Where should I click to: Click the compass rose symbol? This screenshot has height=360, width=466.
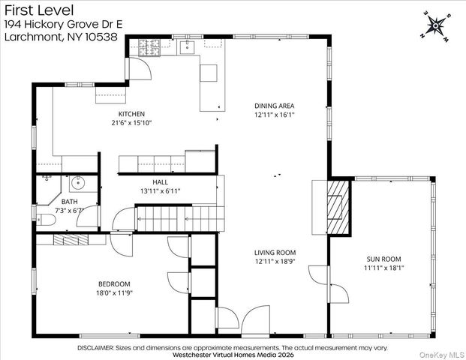click(435, 26)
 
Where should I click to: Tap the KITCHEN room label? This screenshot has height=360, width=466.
click(131, 114)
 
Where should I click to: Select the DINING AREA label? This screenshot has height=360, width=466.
click(275, 106)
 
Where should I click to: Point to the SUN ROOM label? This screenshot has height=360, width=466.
click(383, 259)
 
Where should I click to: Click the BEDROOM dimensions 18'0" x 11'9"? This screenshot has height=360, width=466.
click(114, 292)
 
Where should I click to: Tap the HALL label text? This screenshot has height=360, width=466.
click(160, 182)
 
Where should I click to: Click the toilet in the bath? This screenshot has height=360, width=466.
click(47, 220)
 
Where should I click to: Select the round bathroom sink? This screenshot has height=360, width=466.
click(78, 183)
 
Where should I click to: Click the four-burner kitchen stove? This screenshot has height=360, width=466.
click(149, 47)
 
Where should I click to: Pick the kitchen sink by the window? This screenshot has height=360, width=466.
click(188, 47)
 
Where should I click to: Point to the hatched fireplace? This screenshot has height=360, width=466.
click(338, 207)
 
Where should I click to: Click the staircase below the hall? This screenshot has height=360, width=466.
click(180, 218)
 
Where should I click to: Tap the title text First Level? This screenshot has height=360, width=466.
click(39, 10)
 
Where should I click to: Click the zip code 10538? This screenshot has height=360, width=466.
click(101, 37)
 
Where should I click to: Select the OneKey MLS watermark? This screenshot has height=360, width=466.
click(441, 355)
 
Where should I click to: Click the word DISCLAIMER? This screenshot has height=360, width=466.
click(95, 347)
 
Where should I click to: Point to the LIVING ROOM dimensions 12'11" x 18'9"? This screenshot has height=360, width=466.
click(275, 262)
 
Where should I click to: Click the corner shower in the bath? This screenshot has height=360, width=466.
click(49, 190)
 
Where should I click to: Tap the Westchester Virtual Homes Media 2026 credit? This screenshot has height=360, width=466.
click(233, 355)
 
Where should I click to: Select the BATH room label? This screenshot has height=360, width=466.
click(69, 202)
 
